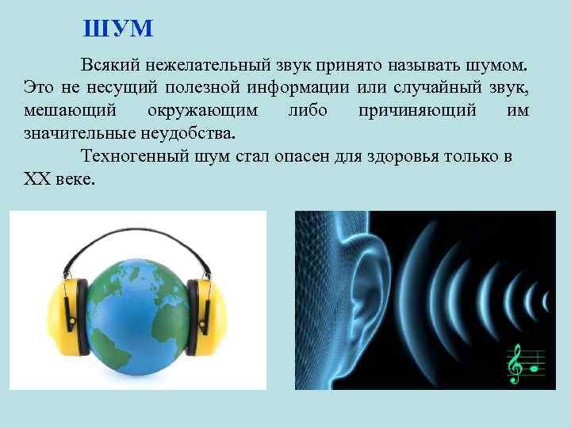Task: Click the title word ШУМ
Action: pyautogui.click(x=118, y=29)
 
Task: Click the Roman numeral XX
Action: pyautogui.click(x=38, y=178)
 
